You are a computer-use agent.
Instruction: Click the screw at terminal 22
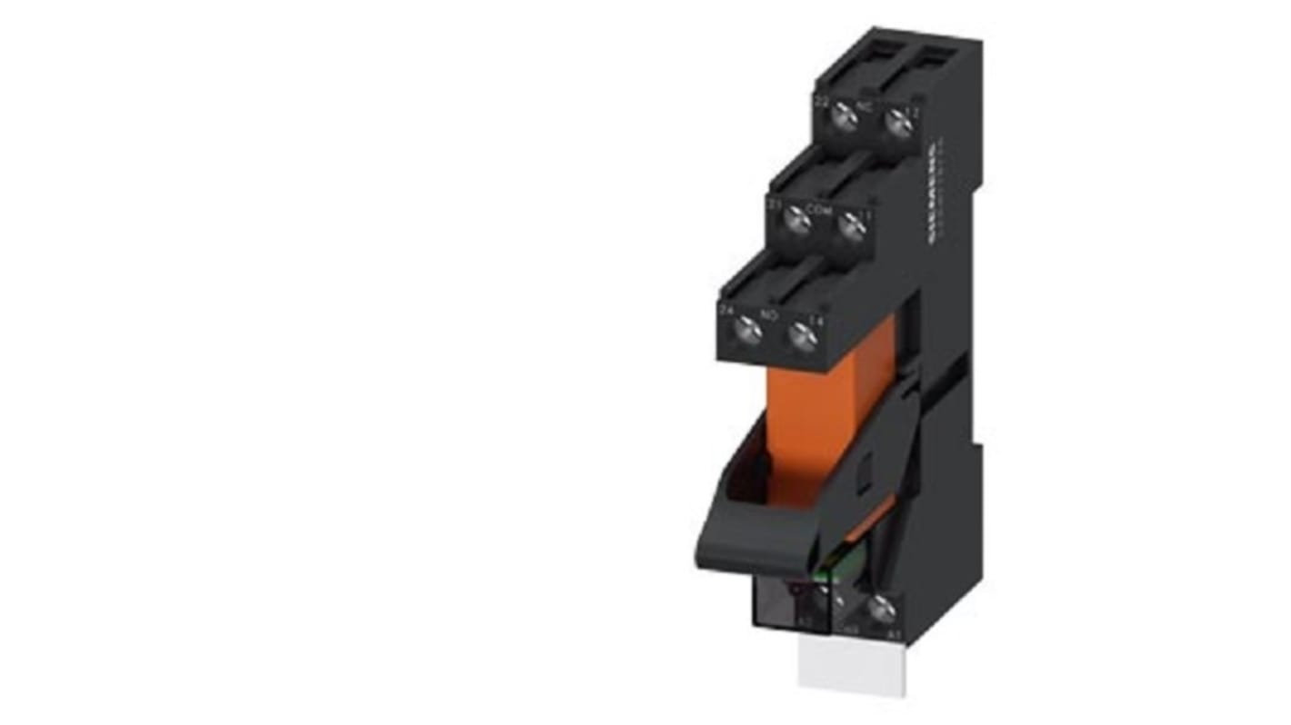click(x=845, y=114)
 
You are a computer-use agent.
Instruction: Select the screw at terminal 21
click(x=797, y=217)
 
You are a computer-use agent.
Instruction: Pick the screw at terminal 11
click(x=850, y=224)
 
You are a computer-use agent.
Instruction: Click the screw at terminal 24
click(x=749, y=325)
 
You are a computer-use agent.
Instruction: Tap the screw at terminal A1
click(x=878, y=610)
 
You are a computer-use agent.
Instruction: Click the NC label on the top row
click(x=866, y=105)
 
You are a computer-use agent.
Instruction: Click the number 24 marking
click(x=726, y=311)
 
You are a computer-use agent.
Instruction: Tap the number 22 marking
click(x=820, y=102)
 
